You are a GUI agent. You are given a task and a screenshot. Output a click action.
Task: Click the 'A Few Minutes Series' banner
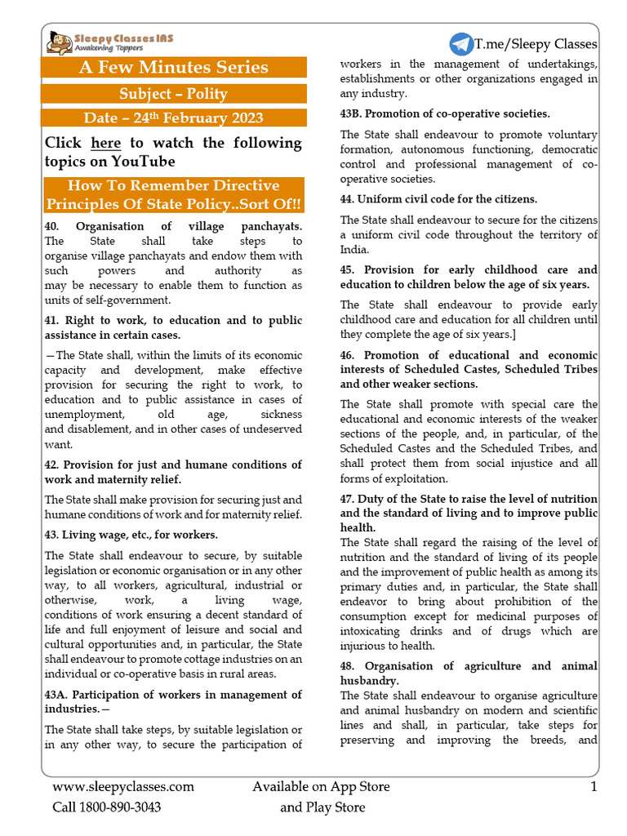point(173,67)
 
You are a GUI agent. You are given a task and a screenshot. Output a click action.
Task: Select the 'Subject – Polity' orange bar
point(173,94)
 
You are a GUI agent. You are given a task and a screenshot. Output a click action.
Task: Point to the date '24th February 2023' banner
point(173,118)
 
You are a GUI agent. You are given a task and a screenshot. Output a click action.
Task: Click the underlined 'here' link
point(105,144)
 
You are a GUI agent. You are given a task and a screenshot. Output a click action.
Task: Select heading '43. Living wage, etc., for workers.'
point(131,535)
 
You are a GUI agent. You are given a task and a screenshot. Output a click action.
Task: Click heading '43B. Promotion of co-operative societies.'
point(445,113)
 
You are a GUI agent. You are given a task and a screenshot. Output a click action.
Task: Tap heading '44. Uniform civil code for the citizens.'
point(439,198)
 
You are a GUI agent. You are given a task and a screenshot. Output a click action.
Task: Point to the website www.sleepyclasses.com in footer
point(123,787)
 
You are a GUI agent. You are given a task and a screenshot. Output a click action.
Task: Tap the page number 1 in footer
point(594,787)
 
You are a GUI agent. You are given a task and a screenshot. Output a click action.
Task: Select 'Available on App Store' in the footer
point(321,787)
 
